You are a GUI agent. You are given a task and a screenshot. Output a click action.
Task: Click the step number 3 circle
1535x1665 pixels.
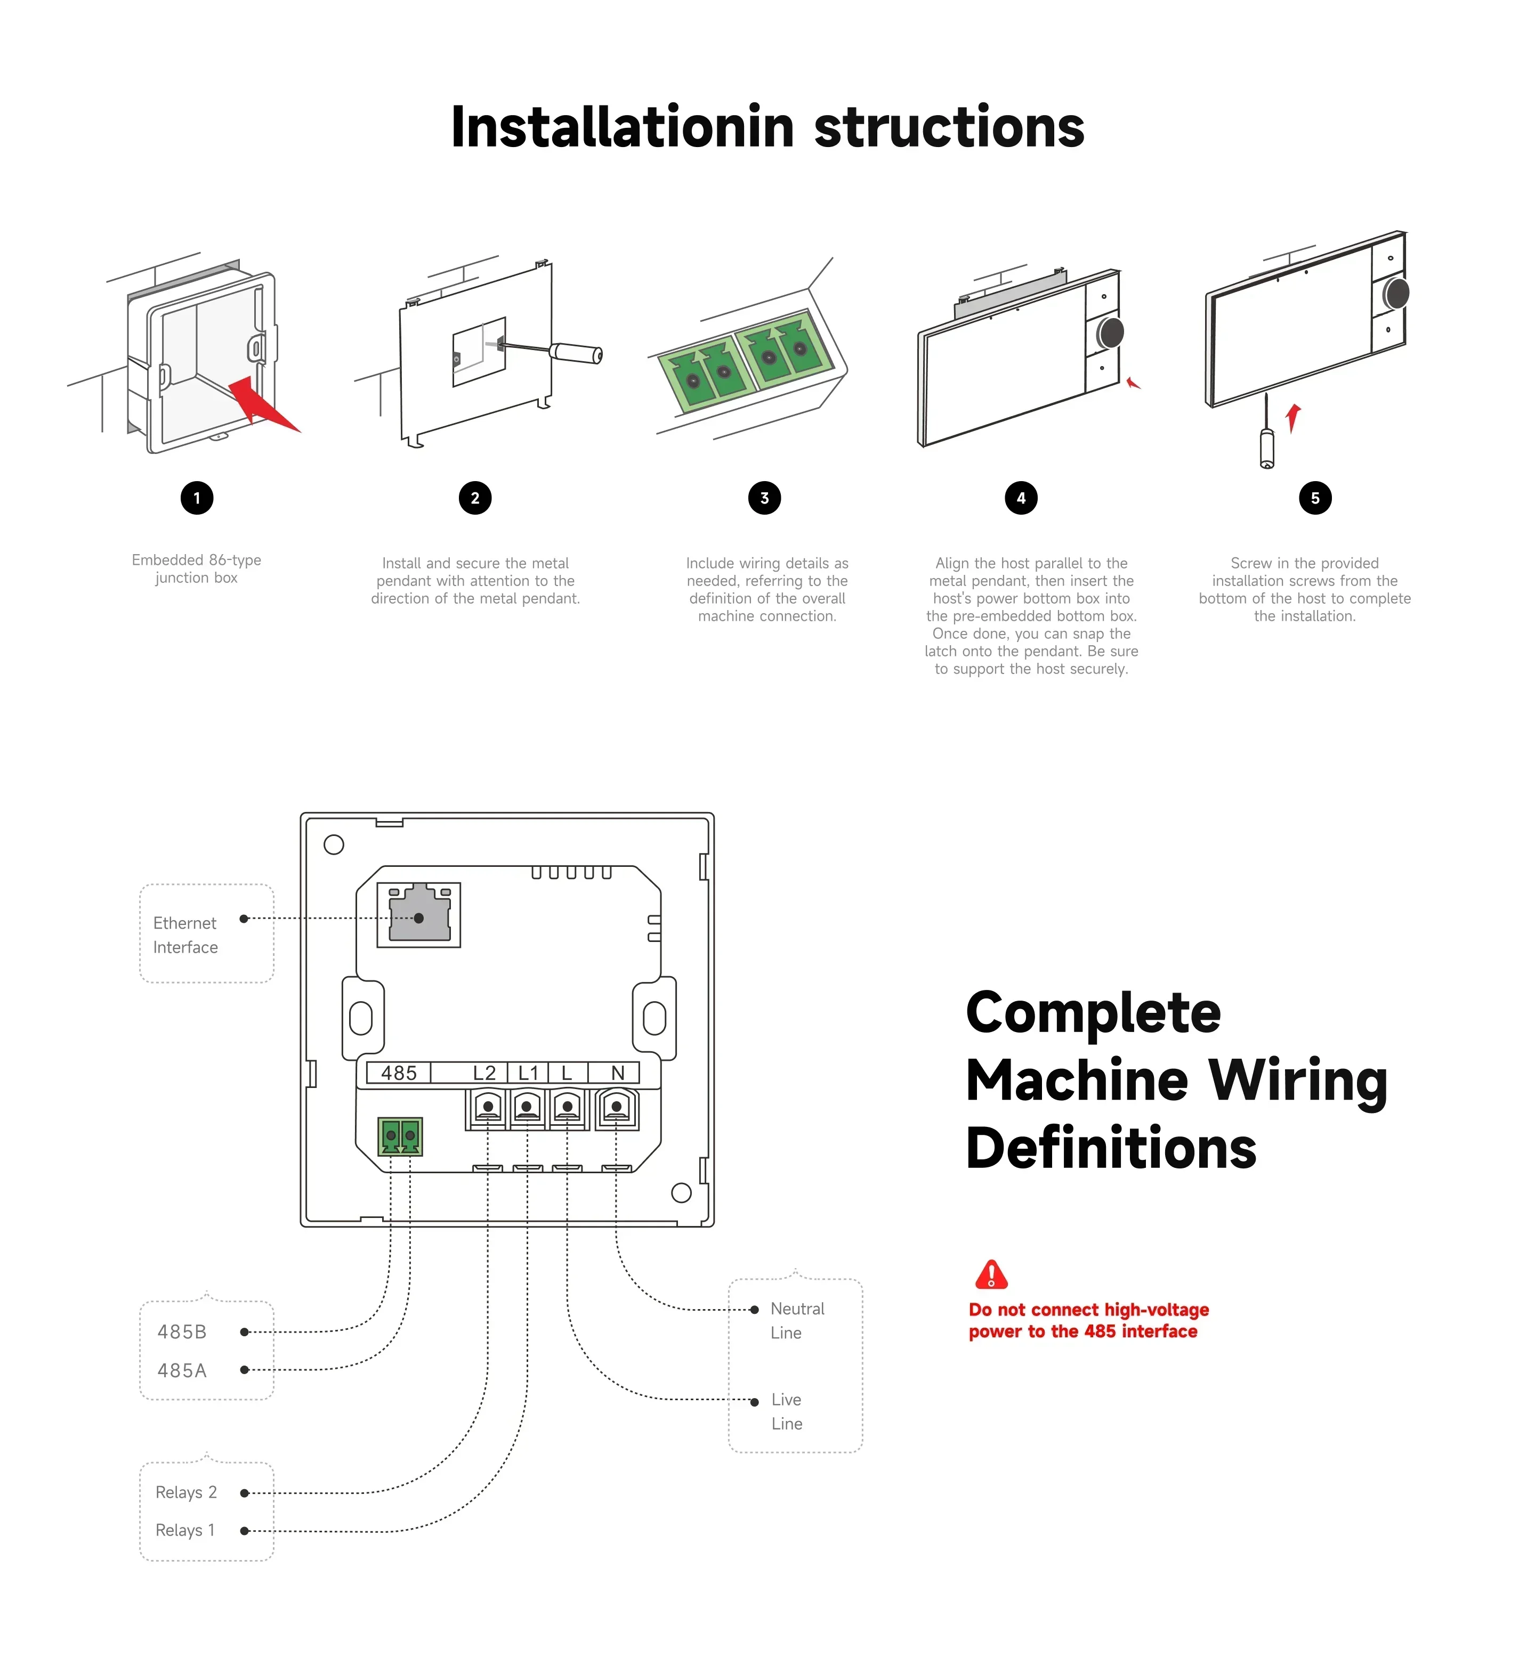click(764, 498)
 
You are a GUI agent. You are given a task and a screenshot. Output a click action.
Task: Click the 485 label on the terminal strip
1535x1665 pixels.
click(399, 1073)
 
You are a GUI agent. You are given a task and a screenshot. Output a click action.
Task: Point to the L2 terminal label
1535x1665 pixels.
click(484, 1073)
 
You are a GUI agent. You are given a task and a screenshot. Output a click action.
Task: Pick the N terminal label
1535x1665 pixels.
click(617, 1073)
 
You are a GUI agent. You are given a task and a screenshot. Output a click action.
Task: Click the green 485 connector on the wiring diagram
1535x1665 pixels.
click(400, 1137)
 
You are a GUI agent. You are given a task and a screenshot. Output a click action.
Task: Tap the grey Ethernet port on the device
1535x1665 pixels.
click(419, 913)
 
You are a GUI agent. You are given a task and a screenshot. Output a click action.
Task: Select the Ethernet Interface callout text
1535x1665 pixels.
click(185, 935)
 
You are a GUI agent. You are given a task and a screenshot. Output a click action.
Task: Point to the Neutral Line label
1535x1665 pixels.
click(797, 1320)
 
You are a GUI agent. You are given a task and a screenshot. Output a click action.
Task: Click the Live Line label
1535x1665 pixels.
click(787, 1412)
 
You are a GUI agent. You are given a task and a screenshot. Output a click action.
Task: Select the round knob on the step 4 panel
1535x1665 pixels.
click(1111, 332)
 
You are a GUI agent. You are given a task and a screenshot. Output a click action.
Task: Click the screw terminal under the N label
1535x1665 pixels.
click(616, 1108)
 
